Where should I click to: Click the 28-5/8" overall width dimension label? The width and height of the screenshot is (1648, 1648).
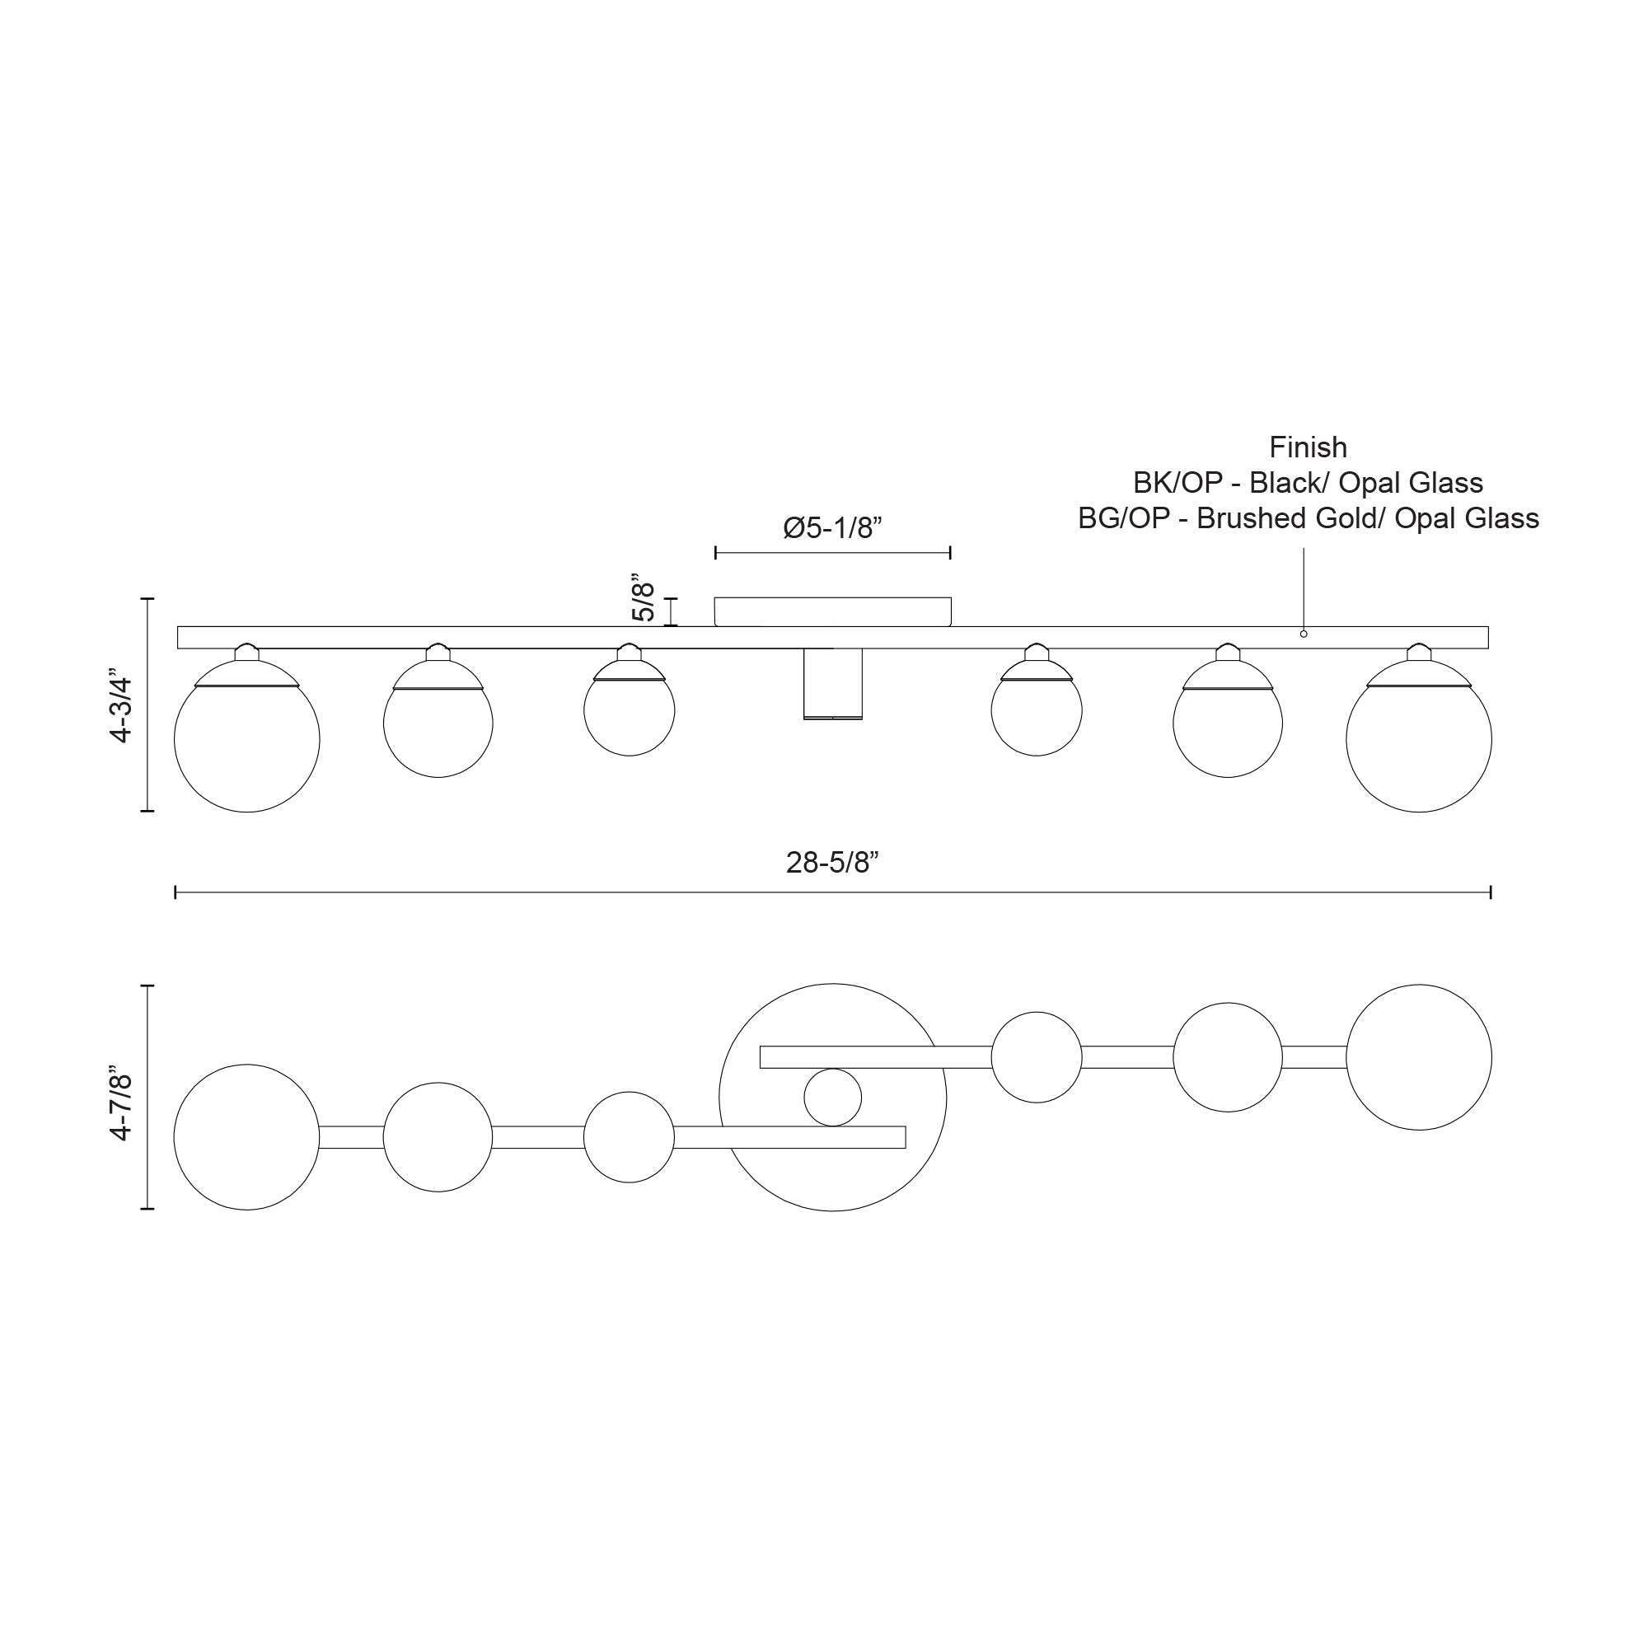831,864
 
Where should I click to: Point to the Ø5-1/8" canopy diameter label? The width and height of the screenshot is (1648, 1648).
831,528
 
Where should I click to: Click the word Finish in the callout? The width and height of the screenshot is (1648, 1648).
1308,447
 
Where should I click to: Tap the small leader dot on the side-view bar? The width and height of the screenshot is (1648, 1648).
1304,634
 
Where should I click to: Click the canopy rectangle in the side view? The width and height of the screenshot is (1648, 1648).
832,611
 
